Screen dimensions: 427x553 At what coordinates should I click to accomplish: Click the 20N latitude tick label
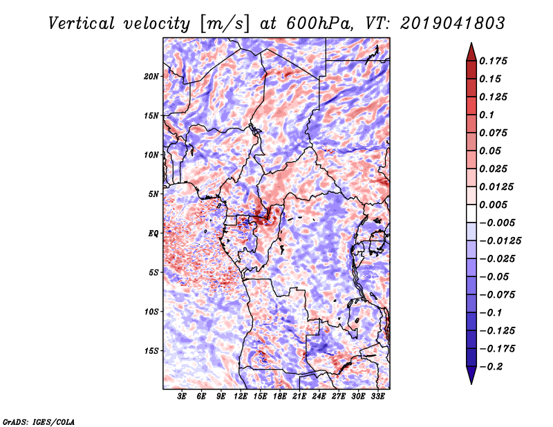tap(151, 76)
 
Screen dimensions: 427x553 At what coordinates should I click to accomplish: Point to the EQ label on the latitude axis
tap(153, 233)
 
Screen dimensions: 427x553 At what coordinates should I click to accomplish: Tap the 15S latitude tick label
tap(151, 350)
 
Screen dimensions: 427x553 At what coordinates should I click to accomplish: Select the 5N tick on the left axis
tap(153, 193)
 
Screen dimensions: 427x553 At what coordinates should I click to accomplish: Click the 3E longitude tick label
tap(182, 397)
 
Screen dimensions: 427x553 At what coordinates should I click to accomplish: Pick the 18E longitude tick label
tap(279, 397)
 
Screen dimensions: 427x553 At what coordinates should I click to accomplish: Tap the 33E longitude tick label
tap(377, 397)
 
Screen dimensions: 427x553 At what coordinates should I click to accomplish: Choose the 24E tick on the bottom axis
tap(319, 397)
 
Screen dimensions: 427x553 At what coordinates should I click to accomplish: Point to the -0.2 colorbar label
tap(495, 366)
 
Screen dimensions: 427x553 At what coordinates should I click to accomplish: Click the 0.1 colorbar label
tap(488, 115)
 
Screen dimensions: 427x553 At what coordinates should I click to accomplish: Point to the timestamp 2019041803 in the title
tap(445, 23)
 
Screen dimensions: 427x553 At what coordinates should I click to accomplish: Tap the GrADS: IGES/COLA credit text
tap(38, 421)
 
